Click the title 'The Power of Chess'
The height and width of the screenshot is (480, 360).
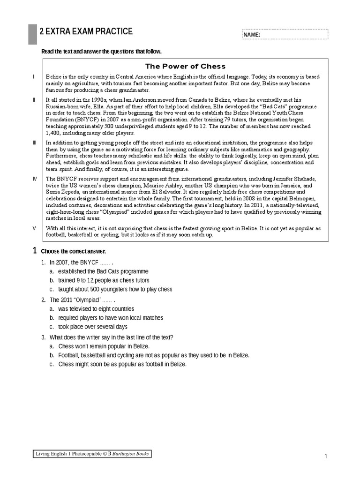(x=185, y=66)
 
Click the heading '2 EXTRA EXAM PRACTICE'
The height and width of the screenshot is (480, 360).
(x=89, y=31)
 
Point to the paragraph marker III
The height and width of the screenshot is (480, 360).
(x=34, y=142)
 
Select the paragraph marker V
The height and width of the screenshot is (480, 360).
(x=34, y=228)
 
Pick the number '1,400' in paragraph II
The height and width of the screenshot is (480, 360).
(x=53, y=133)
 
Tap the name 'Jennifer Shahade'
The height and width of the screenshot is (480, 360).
(x=297, y=179)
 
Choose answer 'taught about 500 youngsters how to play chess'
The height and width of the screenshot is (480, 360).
(x=115, y=289)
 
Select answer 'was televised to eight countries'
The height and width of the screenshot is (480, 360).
(x=96, y=309)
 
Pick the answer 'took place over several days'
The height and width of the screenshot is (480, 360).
(x=93, y=327)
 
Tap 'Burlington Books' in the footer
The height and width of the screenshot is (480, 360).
(x=131, y=454)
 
